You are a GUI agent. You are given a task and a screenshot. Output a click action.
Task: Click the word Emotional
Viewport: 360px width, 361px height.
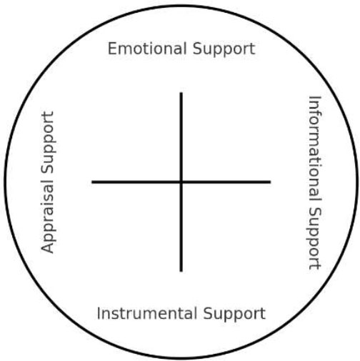pyautogui.click(x=147, y=49)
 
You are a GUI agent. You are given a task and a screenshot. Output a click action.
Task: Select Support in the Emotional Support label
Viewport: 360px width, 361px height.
pyautogui.click(x=224, y=49)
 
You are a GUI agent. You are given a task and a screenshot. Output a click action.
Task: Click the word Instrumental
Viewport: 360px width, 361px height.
pyautogui.click(x=147, y=313)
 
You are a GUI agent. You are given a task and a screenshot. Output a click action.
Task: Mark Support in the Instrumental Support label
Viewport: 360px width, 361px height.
pyautogui.click(x=234, y=315)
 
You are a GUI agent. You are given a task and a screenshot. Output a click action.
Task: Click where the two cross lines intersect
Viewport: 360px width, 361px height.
pyautogui.click(x=181, y=182)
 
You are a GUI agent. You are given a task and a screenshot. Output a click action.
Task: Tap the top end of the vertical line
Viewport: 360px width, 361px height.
pyautogui.click(x=181, y=93)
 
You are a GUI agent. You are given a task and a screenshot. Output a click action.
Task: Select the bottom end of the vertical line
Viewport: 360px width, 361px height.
pyautogui.click(x=181, y=271)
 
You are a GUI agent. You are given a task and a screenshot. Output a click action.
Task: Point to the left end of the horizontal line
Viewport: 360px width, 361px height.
pyautogui.click(x=92, y=182)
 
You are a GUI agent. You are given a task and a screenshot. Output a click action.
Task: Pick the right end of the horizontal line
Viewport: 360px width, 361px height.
pyautogui.click(x=270, y=182)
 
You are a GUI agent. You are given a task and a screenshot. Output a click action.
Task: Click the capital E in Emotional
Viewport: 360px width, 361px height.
pyautogui.click(x=112, y=49)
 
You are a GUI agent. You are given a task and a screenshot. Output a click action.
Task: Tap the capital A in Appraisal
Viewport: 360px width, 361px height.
pyautogui.click(x=48, y=247)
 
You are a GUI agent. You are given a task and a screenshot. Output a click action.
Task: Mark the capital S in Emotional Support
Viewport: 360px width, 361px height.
pyautogui.click(x=197, y=49)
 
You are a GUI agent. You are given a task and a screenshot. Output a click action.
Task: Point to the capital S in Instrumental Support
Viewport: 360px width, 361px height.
pyautogui.click(x=208, y=314)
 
